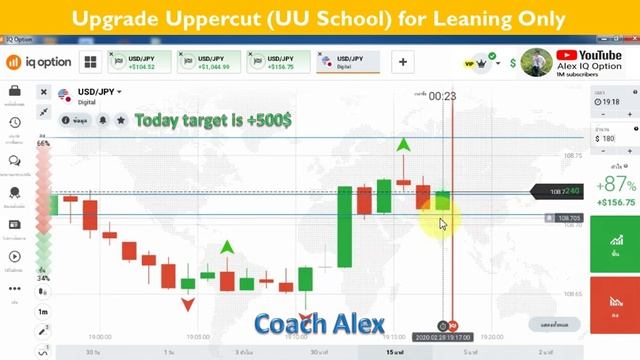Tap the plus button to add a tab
404,62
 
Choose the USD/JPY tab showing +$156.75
277,62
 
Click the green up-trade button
613,245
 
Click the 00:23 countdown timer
442,96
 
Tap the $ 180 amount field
611,138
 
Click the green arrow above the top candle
403,146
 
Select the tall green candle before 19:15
344,227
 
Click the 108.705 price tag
566,218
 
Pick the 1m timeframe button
43,312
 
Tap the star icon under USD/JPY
121,120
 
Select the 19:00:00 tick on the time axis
99,337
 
